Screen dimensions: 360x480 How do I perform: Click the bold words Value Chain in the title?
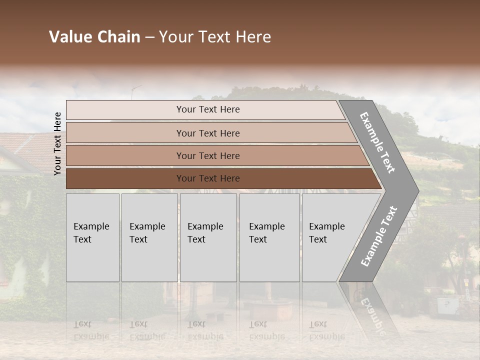(94, 37)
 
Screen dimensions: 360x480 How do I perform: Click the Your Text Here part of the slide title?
(215, 37)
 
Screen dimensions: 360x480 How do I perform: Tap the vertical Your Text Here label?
(57, 143)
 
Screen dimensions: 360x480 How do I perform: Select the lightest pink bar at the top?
(125, 110)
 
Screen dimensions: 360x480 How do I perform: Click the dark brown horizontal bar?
(125, 178)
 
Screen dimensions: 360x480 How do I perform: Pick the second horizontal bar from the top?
(125, 133)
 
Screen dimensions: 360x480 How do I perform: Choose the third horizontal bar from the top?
(125, 155)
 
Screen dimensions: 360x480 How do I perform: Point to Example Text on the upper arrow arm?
(377, 142)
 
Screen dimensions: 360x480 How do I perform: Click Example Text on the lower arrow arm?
(379, 236)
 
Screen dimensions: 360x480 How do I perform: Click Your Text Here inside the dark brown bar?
(208, 178)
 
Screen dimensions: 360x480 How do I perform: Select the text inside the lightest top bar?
(208, 109)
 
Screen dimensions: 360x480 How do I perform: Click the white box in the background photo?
(447, 305)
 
